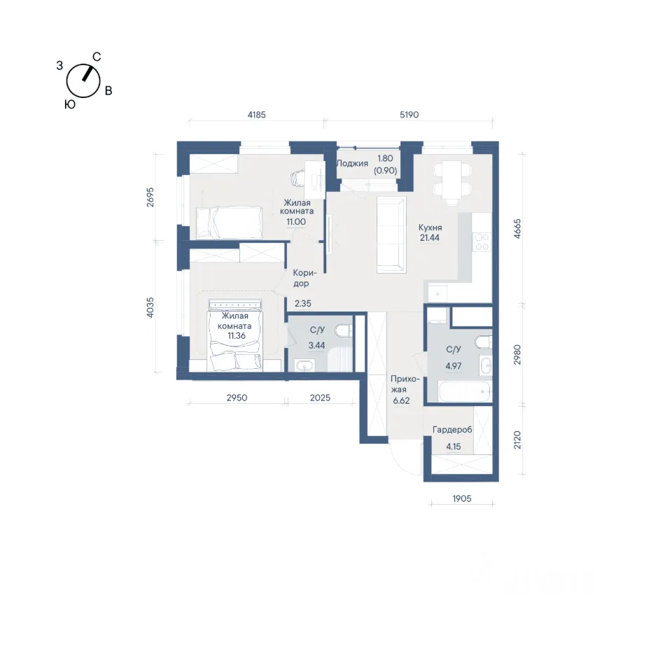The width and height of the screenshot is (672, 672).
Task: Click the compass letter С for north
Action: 97,57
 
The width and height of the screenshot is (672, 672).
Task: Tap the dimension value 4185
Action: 257,114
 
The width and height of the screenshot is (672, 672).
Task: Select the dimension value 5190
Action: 409,114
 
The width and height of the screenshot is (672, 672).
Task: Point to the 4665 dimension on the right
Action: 517,228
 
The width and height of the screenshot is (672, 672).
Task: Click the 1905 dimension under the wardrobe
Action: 462,498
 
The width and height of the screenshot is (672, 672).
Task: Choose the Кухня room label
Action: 430,227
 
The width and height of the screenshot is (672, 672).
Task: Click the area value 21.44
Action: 429,238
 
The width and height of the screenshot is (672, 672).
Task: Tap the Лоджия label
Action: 352,163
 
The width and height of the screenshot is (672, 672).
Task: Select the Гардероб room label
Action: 452,429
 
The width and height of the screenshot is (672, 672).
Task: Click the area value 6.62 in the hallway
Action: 401,400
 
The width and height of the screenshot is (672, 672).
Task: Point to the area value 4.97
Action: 454,366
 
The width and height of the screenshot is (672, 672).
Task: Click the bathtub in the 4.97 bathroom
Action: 465,392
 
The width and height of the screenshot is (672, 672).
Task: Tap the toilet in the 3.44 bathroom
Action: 344,331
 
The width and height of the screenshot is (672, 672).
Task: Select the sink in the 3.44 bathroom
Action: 304,366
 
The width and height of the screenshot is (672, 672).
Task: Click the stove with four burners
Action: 482,241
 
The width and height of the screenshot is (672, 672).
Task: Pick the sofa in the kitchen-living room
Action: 391,235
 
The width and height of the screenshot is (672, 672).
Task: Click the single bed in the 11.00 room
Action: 229,223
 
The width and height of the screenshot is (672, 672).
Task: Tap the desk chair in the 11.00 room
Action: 300,177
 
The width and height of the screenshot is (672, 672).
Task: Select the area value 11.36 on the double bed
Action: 237,335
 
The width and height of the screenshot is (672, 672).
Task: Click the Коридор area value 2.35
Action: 303,303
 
